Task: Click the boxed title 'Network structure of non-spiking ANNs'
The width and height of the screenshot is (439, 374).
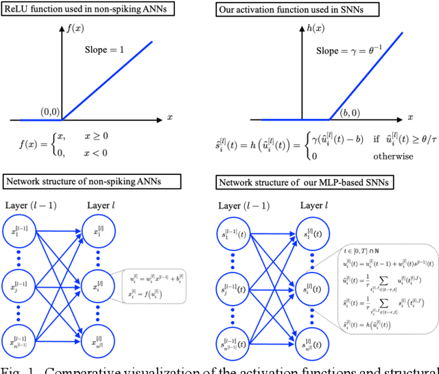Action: point(92,183)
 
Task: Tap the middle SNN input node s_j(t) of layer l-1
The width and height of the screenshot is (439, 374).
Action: point(237,285)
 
